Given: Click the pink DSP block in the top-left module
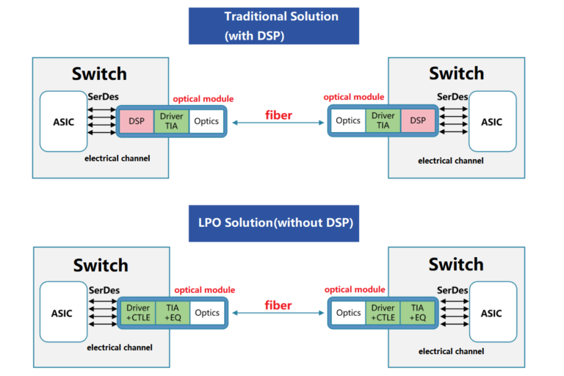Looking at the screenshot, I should coord(136,121).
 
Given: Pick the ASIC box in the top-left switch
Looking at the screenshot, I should coord(64,121).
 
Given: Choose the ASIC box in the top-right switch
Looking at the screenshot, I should coord(491,121).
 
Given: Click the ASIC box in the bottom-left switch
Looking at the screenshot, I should coord(64,313).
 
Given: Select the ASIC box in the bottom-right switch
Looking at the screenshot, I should coord(491,312).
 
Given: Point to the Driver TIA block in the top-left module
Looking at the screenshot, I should coord(172,121).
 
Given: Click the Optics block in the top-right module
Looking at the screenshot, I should coord(348,120).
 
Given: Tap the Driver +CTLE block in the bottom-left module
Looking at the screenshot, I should coord(138,313).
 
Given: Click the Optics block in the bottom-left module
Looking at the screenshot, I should coord(206,313).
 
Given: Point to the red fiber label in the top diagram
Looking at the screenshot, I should coord(278,115).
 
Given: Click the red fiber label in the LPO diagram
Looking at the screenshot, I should coord(278,305).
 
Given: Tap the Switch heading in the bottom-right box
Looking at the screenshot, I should coord(456,264).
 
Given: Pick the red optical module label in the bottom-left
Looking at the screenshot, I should coord(203,290).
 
